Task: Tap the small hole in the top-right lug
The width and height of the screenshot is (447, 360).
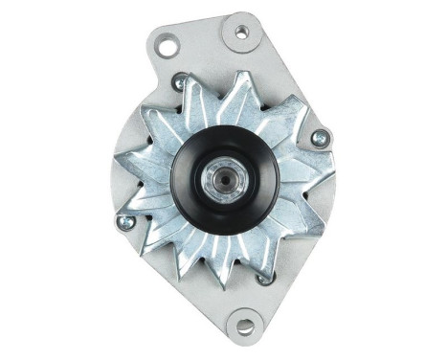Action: point(241,32)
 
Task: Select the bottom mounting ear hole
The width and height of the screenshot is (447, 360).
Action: point(245,326)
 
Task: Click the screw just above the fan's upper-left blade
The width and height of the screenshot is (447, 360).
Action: point(179,83)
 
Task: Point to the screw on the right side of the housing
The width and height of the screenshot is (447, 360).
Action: point(319,138)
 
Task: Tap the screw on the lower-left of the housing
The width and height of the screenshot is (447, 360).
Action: point(124,222)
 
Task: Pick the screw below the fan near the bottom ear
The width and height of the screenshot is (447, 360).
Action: point(265,278)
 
